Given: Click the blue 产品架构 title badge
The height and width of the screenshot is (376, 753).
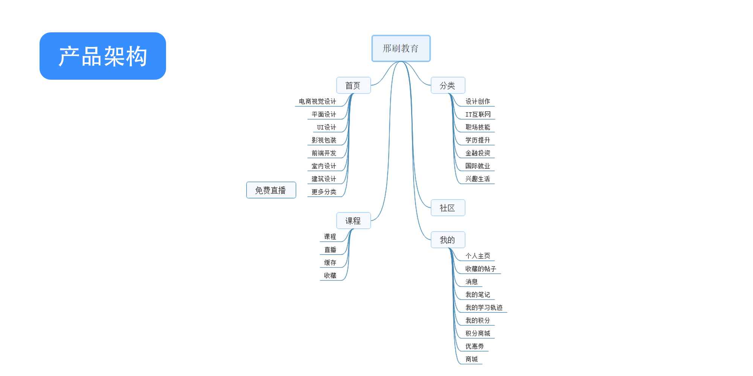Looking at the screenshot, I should [x=102, y=56].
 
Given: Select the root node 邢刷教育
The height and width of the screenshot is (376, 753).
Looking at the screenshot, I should [x=401, y=49].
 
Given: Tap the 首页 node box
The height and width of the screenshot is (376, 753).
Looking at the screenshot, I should [x=353, y=85].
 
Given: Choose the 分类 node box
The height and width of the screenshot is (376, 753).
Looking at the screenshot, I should [x=448, y=85].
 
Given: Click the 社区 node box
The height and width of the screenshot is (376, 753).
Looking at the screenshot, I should [x=448, y=208].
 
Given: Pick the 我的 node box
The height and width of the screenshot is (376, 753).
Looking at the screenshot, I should [x=448, y=240].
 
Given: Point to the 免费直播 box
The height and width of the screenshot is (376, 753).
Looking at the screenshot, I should [x=271, y=190].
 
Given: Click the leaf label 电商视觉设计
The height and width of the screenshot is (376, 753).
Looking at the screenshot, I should [x=317, y=102].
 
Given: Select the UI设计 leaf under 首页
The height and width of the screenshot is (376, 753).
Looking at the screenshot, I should [x=326, y=127].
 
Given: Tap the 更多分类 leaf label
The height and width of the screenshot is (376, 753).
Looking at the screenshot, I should [x=324, y=192].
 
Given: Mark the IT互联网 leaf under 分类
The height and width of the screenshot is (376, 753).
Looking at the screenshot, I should [x=478, y=114].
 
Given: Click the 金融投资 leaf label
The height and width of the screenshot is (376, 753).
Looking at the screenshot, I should [x=478, y=153].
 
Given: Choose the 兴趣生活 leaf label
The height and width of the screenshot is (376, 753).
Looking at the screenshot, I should [x=478, y=179].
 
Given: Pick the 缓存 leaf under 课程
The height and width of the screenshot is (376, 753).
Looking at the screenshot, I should [x=330, y=262].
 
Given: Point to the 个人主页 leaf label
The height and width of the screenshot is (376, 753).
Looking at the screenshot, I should [x=478, y=256].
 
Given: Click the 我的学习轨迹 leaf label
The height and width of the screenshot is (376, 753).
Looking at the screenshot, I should [x=484, y=308].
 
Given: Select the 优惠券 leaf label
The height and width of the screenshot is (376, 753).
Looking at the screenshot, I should [x=475, y=346].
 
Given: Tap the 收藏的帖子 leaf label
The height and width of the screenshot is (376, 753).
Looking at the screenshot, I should [x=481, y=269].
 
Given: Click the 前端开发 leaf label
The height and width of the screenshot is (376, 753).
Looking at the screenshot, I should [x=324, y=153].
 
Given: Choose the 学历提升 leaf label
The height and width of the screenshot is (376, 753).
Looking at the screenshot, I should [x=478, y=140].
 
